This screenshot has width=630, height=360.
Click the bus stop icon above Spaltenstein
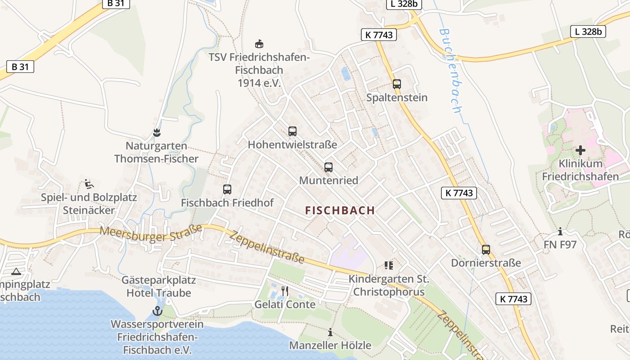point(396,84)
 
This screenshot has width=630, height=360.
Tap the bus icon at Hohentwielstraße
point(292,131)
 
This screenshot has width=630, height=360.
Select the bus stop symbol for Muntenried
point(328,167)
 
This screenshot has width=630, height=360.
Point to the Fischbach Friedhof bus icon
point(227,189)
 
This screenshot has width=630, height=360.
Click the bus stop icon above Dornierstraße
point(486,250)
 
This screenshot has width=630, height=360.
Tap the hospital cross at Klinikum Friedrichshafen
point(580,150)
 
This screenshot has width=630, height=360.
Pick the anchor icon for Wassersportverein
point(157,310)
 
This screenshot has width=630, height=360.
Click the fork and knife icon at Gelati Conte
point(284,291)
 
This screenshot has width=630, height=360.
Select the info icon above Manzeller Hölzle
point(330,333)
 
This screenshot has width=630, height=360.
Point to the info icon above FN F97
point(560,232)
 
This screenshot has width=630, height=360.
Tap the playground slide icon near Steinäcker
point(89,184)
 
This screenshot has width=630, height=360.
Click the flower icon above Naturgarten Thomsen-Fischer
point(156,133)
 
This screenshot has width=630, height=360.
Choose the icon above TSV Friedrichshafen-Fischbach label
point(259,44)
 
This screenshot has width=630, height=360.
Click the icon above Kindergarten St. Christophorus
point(389,265)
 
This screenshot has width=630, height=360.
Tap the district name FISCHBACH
point(340,210)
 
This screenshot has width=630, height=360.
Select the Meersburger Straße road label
point(151,234)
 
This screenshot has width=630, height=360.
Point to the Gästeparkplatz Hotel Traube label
point(159,287)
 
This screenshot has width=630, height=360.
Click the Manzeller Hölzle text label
point(330,346)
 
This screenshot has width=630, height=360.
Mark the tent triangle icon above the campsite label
point(16,271)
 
